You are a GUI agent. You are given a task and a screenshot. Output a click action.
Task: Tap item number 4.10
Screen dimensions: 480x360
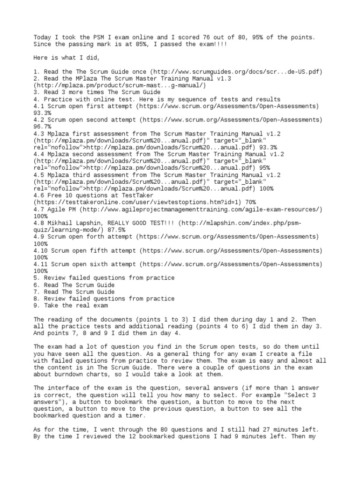click(x=40, y=250)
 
